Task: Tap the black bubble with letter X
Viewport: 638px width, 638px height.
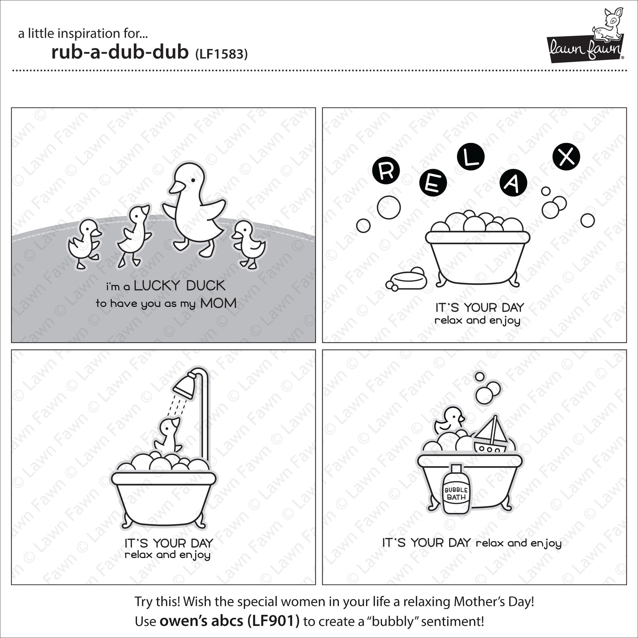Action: point(566,156)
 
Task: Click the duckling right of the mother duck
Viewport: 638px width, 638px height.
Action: point(249,244)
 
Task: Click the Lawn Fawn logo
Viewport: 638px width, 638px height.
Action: point(586,36)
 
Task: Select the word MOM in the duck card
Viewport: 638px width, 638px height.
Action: point(219,304)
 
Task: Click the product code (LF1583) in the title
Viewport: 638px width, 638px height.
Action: point(221,54)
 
